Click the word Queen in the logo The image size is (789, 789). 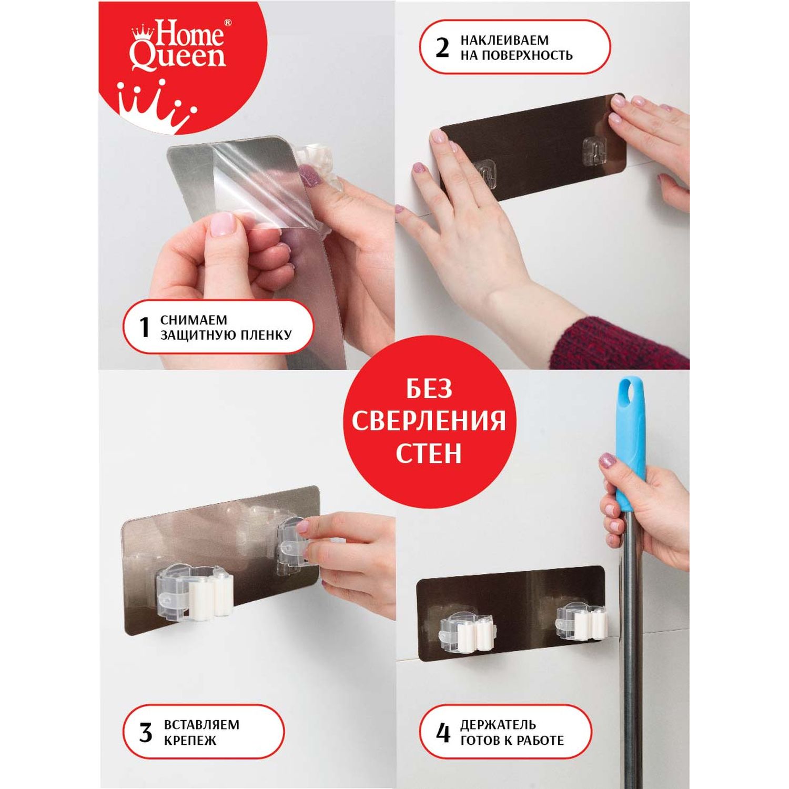(178, 57)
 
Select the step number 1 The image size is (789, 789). (145, 327)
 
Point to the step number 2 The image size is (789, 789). (442, 47)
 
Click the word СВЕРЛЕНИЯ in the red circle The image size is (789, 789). (429, 421)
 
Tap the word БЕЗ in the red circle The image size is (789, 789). (429, 390)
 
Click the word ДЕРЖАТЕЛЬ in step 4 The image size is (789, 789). (498, 725)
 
